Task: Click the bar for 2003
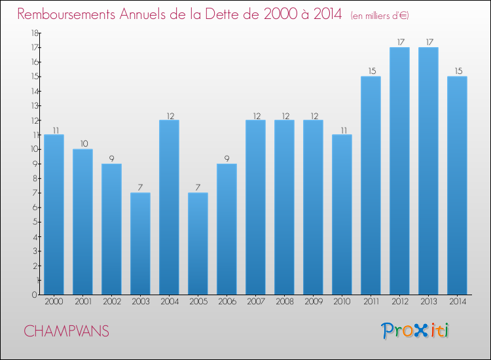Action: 140,243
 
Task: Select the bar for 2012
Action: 399,171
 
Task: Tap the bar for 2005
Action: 198,243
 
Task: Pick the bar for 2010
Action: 342,215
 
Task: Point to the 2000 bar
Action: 54,215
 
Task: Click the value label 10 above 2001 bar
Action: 82,143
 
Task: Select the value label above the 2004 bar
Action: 169,115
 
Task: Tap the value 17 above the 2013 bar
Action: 428,42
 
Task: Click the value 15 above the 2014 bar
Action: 457,71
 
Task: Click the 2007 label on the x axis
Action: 255,302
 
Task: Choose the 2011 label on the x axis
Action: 371,302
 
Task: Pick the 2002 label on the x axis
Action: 111,302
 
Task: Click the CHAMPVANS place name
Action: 67,331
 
